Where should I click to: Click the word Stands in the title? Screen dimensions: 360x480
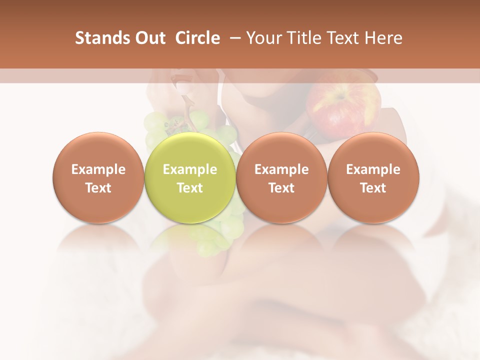point(99,38)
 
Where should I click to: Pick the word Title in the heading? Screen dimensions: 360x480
point(305,38)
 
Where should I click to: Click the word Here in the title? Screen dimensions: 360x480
point(384,38)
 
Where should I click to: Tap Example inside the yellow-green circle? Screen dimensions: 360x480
point(190,169)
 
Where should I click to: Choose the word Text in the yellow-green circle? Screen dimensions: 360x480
point(190,188)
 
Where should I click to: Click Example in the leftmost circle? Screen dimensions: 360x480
point(98,169)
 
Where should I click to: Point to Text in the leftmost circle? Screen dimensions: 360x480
point(98,188)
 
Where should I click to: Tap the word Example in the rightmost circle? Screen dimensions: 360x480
point(373,169)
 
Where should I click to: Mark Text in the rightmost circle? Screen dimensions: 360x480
point(373,188)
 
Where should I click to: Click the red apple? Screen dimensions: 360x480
point(342,107)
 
